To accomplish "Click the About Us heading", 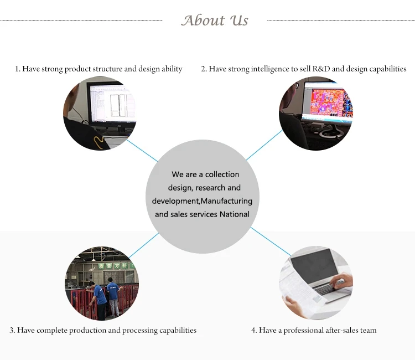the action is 215,20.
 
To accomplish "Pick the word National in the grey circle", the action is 235,214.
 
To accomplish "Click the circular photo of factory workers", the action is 102,282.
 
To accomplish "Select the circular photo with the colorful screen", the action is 315,114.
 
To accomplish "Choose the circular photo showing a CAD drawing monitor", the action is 100,114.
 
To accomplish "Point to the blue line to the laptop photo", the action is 270,241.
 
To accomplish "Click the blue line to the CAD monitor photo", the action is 142,148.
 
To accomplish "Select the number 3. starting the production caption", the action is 12,331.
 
